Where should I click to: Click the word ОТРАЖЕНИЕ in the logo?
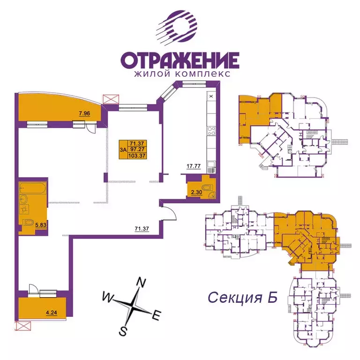[180, 60]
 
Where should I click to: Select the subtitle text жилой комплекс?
[180, 74]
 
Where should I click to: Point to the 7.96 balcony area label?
[84, 113]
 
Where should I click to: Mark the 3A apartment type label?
[123, 150]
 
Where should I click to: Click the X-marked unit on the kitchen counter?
[211, 96]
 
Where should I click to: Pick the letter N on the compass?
[140, 282]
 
